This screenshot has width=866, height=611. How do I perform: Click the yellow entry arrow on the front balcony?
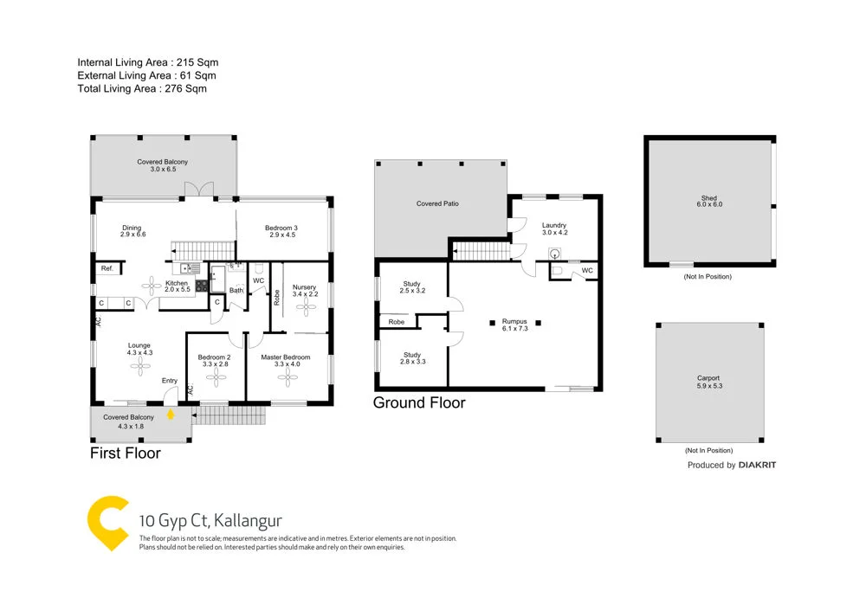171,413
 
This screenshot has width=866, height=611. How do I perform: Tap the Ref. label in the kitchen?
107,269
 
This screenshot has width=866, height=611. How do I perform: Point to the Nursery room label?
304,287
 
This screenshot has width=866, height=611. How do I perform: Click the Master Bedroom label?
286,357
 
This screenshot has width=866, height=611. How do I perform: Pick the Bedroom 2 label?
213,357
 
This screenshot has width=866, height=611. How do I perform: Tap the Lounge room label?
140,346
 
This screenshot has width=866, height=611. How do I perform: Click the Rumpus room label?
514,322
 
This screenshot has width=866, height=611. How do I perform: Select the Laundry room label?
554,226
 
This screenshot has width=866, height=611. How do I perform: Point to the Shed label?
709,199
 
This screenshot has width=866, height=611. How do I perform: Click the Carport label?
708,378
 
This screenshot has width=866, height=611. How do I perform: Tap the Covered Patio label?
436,203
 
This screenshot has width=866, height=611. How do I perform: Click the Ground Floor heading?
419,402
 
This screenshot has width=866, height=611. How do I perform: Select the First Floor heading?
126,453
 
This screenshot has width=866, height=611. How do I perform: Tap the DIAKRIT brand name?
758,466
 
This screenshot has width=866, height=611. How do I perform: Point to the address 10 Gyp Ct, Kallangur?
210,521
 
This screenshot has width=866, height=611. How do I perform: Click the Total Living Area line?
142,88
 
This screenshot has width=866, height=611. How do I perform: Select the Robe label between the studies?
397,322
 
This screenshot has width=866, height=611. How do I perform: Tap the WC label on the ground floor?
587,271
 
